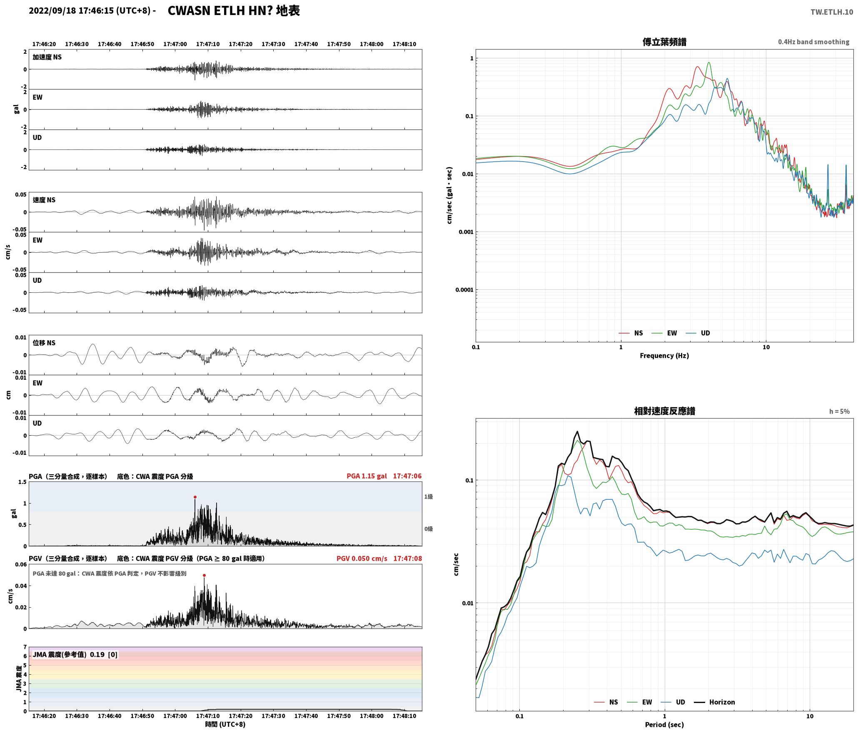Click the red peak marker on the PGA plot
click(195, 497)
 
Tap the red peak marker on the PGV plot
click(204, 575)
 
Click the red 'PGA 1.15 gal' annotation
click(367, 476)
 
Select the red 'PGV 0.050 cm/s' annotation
click(362, 558)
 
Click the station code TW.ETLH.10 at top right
click(831, 12)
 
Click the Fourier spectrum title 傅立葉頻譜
click(664, 42)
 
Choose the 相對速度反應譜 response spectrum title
click(664, 411)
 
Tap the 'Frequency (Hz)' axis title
click(664, 356)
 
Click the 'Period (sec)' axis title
click(664, 725)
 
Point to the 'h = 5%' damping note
click(839, 411)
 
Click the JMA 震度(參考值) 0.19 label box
click(75, 655)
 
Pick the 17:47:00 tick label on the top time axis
click(175, 44)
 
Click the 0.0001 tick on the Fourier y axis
click(464, 290)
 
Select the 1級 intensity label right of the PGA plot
click(429, 496)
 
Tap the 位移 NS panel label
click(44, 343)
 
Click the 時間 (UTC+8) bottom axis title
click(225, 724)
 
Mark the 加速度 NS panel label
click(47, 57)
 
